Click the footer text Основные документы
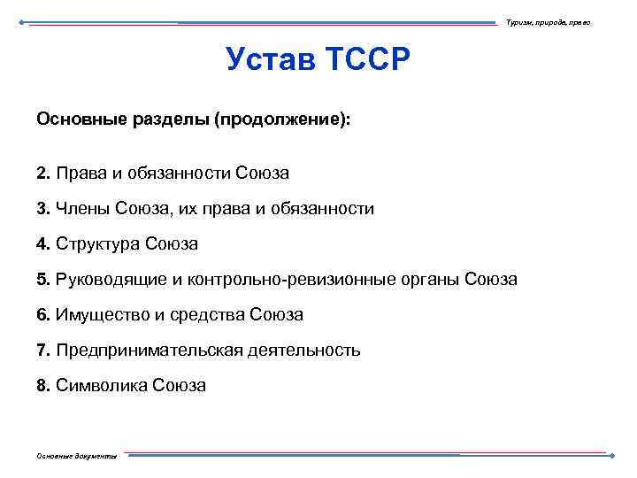point(75,455)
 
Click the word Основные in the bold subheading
point(75,119)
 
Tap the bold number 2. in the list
point(43,172)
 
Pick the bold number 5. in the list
point(43,279)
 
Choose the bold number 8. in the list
point(43,385)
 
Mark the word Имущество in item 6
point(99,314)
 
